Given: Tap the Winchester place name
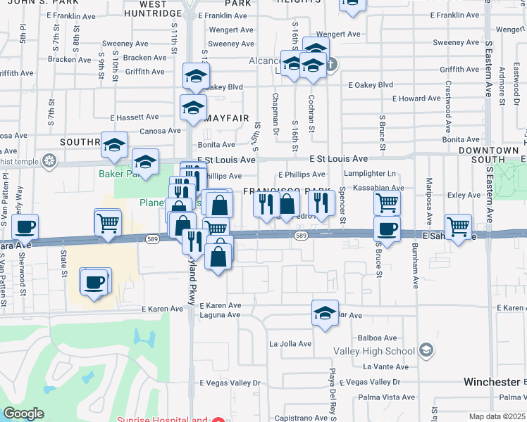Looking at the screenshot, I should coord(491,382).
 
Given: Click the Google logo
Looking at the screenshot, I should coord(23,414).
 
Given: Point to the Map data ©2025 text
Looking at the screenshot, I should coord(497,416).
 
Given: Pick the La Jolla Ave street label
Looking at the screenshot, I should coord(290,344).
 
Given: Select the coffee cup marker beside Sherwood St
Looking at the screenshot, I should coord(25,227).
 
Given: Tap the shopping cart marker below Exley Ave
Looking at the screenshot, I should coord(459,227).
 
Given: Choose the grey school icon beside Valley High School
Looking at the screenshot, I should coord(426,350).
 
